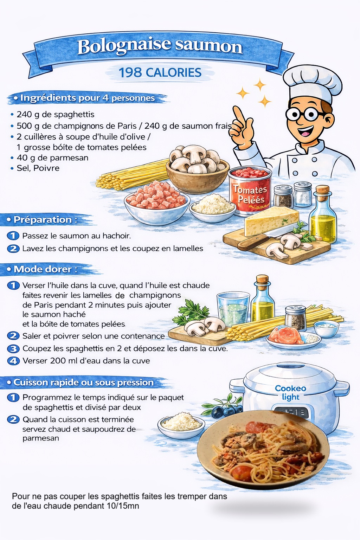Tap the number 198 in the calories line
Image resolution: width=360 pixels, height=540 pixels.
[130, 72]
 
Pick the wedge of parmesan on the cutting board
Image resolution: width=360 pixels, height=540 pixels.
[271, 221]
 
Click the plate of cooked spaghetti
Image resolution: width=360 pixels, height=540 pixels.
[263, 450]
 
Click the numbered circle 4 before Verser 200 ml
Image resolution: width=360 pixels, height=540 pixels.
[13, 361]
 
